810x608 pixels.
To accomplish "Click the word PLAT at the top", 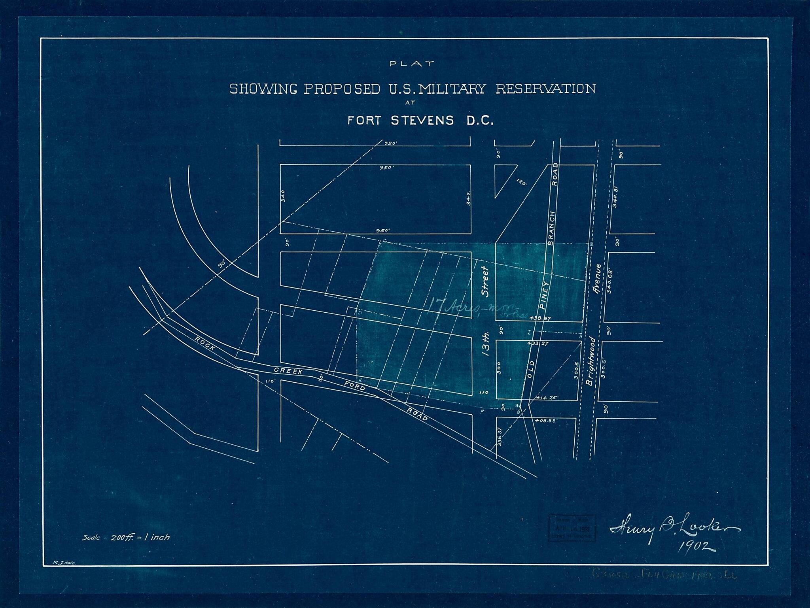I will pyautogui.click(x=412, y=63).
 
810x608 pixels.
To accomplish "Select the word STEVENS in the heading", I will pyautogui.click(x=422, y=120).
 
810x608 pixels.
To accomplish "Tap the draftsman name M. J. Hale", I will pyautogui.click(x=64, y=573).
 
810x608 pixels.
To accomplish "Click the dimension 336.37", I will pyautogui.click(x=500, y=437).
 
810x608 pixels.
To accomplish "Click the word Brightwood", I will pyautogui.click(x=590, y=361).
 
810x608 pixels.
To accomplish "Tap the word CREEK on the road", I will pyautogui.click(x=289, y=370).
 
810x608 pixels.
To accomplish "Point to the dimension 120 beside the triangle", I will pyautogui.click(x=522, y=182).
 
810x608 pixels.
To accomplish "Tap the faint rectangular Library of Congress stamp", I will pyautogui.click(x=572, y=528).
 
